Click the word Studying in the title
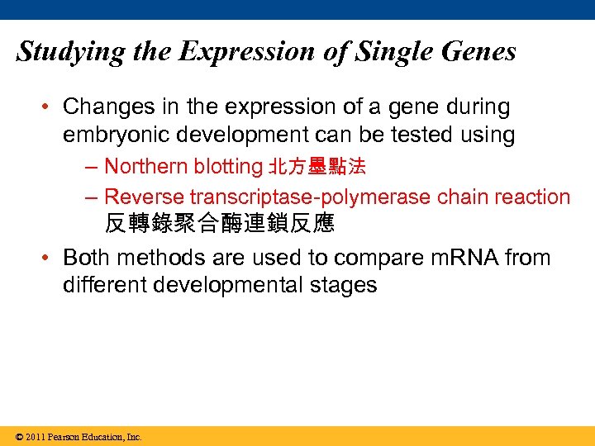click(x=69, y=53)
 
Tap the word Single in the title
click(x=391, y=51)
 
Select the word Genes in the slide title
click(x=478, y=51)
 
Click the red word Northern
click(x=146, y=167)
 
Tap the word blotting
click(x=228, y=167)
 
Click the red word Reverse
click(x=145, y=197)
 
